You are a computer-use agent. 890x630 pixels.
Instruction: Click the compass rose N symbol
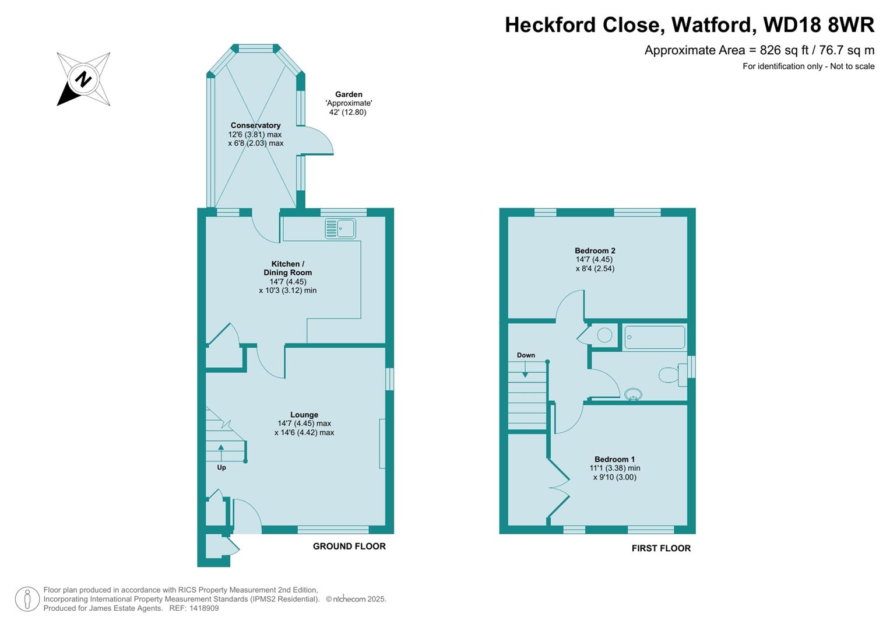click(x=83, y=79)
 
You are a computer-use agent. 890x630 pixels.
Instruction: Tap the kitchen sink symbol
click(x=340, y=229)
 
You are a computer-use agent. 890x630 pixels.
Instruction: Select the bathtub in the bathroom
click(x=655, y=337)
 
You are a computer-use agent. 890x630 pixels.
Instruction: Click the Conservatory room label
click(x=255, y=125)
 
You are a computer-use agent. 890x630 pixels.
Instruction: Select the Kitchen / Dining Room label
click(x=287, y=268)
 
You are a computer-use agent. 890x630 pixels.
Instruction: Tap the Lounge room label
click(x=304, y=415)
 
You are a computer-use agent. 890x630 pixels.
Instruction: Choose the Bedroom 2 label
click(x=594, y=251)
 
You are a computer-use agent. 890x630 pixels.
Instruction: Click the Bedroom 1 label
click(x=614, y=459)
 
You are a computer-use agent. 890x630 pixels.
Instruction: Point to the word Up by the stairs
click(x=221, y=467)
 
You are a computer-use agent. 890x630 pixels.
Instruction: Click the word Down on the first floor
click(x=526, y=355)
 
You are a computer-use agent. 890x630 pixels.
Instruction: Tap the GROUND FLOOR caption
click(x=349, y=547)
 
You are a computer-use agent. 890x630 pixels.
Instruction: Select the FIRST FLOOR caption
click(x=661, y=548)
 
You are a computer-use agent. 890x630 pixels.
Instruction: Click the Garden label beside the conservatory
click(x=349, y=94)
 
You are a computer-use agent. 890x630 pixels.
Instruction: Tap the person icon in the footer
click(x=27, y=599)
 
